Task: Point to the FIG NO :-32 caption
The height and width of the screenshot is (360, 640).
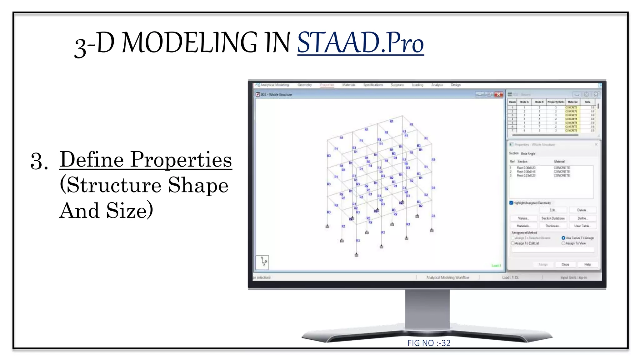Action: pyautogui.click(x=429, y=343)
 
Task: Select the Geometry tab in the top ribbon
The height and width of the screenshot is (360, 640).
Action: pyautogui.click(x=304, y=85)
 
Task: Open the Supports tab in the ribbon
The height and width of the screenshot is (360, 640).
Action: pyautogui.click(x=397, y=85)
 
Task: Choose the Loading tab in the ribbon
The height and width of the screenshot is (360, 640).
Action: pyautogui.click(x=417, y=85)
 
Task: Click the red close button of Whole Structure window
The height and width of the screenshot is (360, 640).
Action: pyautogui.click(x=499, y=94)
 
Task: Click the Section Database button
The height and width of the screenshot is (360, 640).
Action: pyautogui.click(x=553, y=218)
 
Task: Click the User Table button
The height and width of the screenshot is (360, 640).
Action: pyautogui.click(x=582, y=226)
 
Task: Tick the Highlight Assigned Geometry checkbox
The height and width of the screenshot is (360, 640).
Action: pyautogui.click(x=511, y=203)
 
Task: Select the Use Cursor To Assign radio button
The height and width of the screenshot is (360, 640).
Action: pyautogui.click(x=563, y=238)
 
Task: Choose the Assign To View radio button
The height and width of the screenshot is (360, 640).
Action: pyautogui.click(x=563, y=243)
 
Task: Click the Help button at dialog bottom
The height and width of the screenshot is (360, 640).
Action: pyautogui.click(x=587, y=264)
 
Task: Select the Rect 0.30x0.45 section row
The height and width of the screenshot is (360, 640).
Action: pyautogui.click(x=526, y=172)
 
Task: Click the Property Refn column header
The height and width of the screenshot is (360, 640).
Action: pyautogui.click(x=556, y=102)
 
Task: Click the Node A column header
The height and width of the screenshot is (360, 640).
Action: pyautogui.click(x=524, y=102)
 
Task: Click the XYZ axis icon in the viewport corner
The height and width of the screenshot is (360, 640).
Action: pyautogui.click(x=262, y=262)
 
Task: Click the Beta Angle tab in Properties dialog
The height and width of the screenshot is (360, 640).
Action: pyautogui.click(x=528, y=154)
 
